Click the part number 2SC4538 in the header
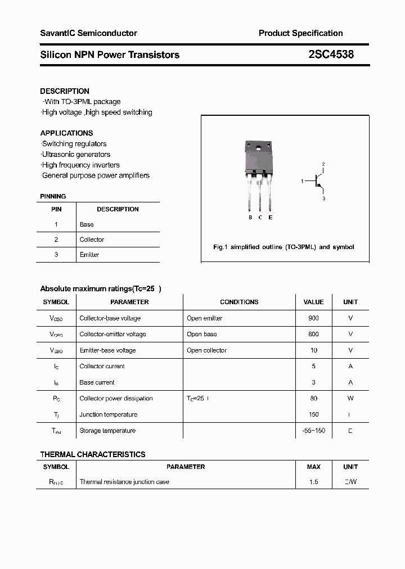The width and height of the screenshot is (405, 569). [x=331, y=55]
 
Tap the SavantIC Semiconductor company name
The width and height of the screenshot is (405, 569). [x=88, y=33]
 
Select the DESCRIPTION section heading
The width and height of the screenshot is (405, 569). [x=65, y=91]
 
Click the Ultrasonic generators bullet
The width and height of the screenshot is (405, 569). [x=76, y=155]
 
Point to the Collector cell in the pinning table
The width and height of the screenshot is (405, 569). [x=92, y=240]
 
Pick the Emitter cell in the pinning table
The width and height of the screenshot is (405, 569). [x=89, y=255]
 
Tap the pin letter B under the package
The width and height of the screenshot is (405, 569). [x=250, y=218]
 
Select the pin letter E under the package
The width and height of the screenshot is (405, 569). [x=271, y=218]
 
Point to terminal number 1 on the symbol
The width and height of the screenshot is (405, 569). [x=302, y=181]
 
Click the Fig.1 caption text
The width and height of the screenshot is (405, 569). [x=283, y=247]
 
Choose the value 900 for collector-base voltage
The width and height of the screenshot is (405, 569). [x=313, y=318]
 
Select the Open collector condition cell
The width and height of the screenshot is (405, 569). [x=206, y=350]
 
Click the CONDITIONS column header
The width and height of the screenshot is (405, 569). [x=239, y=302]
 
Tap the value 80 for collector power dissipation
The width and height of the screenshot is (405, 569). [x=313, y=399]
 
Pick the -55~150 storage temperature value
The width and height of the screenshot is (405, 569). [x=313, y=431]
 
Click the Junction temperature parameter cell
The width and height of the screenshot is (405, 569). [x=109, y=414]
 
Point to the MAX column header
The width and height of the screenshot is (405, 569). [x=313, y=467]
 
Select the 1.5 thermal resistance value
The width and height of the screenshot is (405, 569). [x=313, y=482]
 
